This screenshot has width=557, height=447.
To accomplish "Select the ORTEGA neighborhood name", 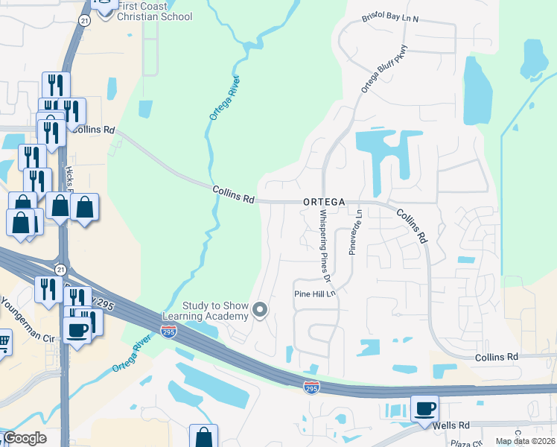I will (324, 202).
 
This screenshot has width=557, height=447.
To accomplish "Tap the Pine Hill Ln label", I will (316, 294).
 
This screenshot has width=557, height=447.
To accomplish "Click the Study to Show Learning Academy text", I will (215, 311).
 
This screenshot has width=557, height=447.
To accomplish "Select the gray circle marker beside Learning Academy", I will (260, 309).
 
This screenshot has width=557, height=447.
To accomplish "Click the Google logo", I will (24, 438).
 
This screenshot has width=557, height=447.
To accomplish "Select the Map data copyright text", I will (525, 440).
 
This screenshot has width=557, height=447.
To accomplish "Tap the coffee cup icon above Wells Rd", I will (424, 408).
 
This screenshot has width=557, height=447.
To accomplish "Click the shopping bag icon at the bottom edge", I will (203, 437).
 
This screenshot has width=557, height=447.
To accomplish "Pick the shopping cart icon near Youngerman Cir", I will (3, 343).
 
